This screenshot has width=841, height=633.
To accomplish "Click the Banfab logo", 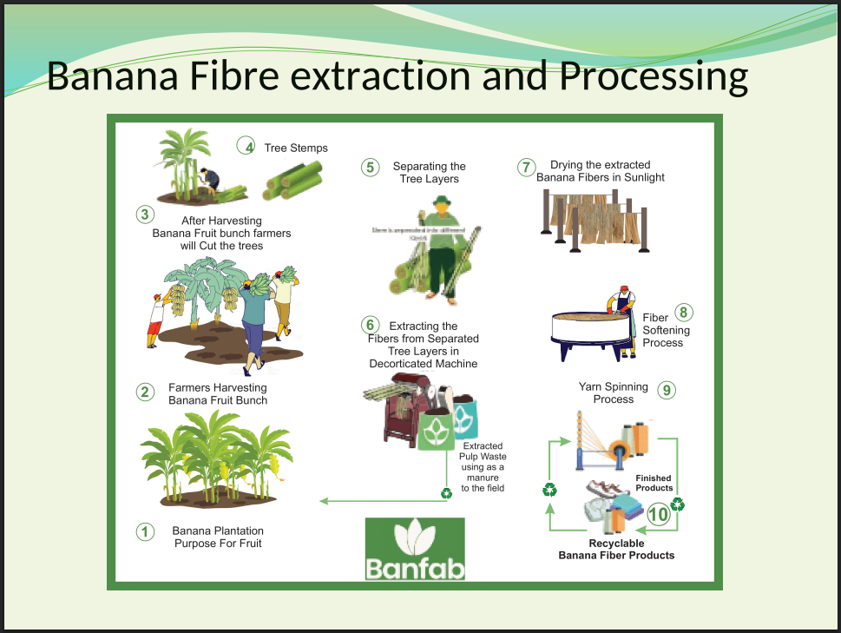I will [x=415, y=549].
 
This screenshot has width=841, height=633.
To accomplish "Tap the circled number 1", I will [x=145, y=531].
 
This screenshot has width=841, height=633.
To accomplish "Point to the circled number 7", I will [x=526, y=168].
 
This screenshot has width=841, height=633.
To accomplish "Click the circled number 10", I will [x=659, y=514].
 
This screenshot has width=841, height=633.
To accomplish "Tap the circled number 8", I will [x=684, y=313].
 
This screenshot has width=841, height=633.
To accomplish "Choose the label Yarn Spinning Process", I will [x=614, y=392].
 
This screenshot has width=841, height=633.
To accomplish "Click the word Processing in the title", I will [x=653, y=76].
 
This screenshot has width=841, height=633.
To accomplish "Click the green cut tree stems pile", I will [x=292, y=178].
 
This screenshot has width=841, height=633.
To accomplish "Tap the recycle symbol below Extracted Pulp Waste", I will [x=446, y=493].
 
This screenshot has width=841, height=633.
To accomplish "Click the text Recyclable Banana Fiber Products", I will [x=616, y=549].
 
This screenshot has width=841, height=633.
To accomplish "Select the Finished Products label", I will [x=654, y=483].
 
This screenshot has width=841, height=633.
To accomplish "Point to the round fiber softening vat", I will [x=591, y=329].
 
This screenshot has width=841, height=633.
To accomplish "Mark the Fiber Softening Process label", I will [x=666, y=331].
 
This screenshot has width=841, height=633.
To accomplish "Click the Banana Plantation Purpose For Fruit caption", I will [x=218, y=537].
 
